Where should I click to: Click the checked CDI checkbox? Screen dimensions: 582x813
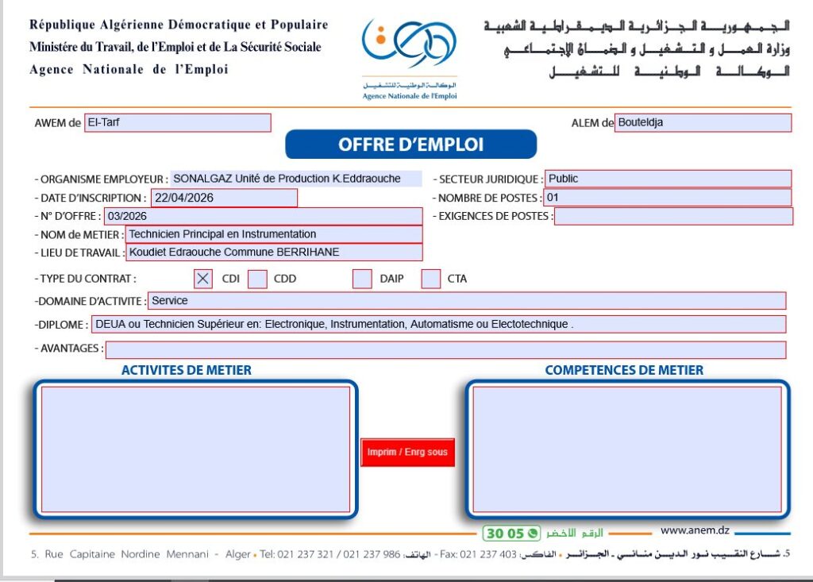pyautogui.click(x=203, y=279)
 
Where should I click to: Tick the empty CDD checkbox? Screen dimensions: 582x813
pyautogui.click(x=257, y=279)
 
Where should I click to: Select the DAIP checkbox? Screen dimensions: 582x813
pyautogui.click(x=362, y=279)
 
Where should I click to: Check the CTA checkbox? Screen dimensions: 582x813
pyautogui.click(x=431, y=279)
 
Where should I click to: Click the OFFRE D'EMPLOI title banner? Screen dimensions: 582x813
pyautogui.click(x=410, y=145)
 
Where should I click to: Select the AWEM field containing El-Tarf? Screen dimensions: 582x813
pyautogui.click(x=178, y=122)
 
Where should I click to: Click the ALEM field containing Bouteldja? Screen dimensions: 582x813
pyautogui.click(x=703, y=122)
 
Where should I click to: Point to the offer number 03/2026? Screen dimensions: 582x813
pyautogui.click(x=263, y=216)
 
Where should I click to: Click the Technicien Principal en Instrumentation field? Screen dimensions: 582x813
pyautogui.click(x=274, y=234)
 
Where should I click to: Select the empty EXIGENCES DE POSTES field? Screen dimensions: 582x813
pyautogui.click(x=673, y=216)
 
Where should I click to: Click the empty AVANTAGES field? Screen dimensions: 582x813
pyautogui.click(x=445, y=349)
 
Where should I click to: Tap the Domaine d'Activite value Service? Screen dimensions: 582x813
pyautogui.click(x=467, y=301)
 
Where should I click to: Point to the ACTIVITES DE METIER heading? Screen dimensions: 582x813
pyautogui.click(x=187, y=370)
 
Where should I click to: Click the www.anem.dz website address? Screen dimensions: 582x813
pyautogui.click(x=695, y=531)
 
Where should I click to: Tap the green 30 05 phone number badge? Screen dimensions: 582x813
pyautogui.click(x=511, y=534)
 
